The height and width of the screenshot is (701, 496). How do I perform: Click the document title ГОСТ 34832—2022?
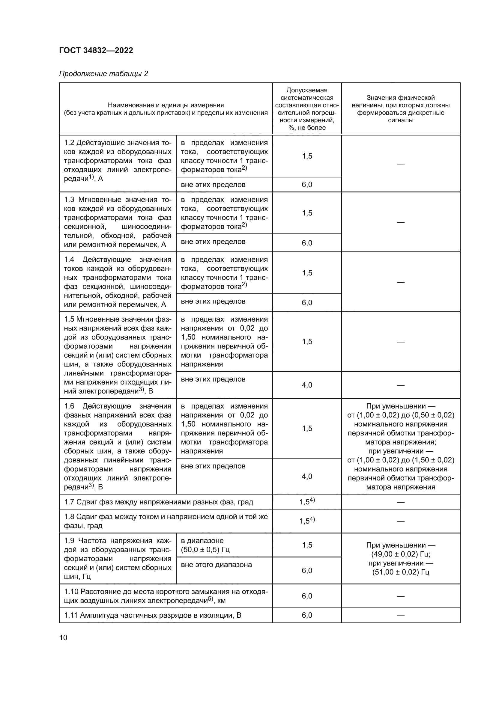point(96,50)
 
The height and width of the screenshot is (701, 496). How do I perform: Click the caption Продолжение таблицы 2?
point(103,74)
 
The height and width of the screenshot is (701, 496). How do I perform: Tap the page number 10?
point(63,637)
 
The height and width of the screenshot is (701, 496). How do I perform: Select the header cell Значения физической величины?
point(400,109)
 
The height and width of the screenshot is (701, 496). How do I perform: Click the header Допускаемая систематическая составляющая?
point(307,109)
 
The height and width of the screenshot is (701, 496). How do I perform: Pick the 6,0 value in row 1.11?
point(307,615)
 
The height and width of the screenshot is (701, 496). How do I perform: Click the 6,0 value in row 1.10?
point(307,596)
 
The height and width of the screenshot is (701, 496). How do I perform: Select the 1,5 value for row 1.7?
point(307,502)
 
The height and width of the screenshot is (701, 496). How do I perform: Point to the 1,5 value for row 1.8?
point(307,521)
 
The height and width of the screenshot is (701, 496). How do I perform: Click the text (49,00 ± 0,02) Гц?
point(400,554)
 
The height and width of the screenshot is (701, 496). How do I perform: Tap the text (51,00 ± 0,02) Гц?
point(400,572)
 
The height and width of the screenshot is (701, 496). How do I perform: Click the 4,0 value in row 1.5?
point(307,385)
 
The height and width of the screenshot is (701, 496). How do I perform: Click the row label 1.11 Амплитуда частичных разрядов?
point(152,615)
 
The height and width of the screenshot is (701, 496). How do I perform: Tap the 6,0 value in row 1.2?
point(307,184)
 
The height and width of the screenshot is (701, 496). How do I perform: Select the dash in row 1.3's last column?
point(400,222)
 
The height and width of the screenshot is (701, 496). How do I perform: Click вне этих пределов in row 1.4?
point(213,301)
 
